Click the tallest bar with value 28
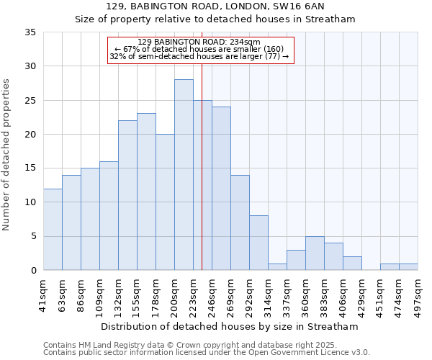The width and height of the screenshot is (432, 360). [184, 175]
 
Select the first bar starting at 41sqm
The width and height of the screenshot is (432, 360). [53, 229]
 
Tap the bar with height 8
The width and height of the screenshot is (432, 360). [258, 243]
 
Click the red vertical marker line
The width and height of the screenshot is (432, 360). [202, 180]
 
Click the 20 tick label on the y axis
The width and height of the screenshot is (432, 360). [30, 135]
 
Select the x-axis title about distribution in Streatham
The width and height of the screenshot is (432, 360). [230, 327]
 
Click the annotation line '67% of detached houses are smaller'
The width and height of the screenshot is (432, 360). [201, 49]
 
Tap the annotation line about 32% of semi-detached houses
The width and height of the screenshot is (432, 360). [201, 56]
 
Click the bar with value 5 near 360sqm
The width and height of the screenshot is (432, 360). [315, 253]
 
